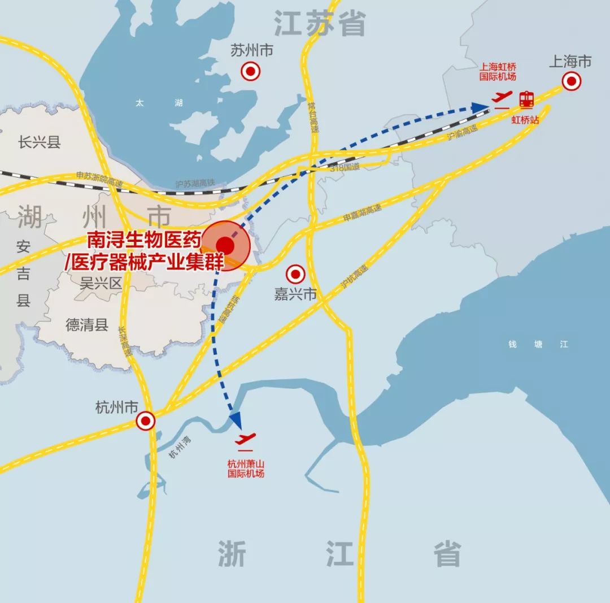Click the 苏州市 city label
pyautogui.click(x=251, y=51)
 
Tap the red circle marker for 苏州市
pyautogui.click(x=250, y=72)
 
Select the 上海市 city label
pyautogui.click(x=570, y=62)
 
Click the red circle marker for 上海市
pyautogui.click(x=572, y=82)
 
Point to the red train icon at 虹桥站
pyautogui.click(x=526, y=99)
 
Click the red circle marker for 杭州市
pyautogui.click(x=146, y=420)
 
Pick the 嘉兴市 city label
pyautogui.click(x=295, y=294)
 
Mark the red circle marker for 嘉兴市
pyautogui.click(x=295, y=275)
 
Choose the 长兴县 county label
pyautogui.click(x=39, y=142)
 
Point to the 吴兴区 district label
pyautogui.click(x=101, y=283)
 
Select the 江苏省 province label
pyautogui.click(x=320, y=24)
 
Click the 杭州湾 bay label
pyautogui.click(x=180, y=446)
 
